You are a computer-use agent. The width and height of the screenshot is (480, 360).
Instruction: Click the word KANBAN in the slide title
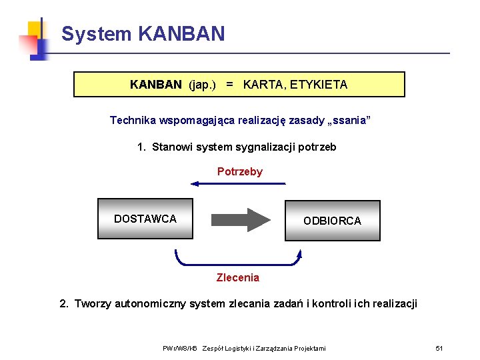[x=182, y=34]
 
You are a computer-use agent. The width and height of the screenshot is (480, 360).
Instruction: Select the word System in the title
[x=97, y=34]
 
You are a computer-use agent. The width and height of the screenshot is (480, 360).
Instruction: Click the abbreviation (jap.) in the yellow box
[x=203, y=85]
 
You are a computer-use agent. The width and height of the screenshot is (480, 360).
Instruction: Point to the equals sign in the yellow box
[x=229, y=85]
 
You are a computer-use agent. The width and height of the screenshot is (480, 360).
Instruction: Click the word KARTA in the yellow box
[x=262, y=85]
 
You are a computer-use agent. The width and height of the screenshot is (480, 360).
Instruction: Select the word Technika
[x=133, y=121]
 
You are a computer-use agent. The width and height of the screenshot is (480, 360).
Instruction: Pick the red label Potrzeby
[x=240, y=172]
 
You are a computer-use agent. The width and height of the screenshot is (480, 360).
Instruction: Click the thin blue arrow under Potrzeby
[x=238, y=183]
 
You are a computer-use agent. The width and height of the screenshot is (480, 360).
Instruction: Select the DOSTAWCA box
[x=145, y=219]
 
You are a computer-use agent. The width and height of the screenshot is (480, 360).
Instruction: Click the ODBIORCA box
[x=332, y=220]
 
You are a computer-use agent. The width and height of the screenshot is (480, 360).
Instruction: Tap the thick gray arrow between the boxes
[x=239, y=219]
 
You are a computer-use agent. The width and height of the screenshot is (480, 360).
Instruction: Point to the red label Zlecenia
[x=238, y=277]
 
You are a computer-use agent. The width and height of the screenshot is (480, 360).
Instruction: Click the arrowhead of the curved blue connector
[x=299, y=253]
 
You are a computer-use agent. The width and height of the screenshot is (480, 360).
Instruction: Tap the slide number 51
[x=439, y=349]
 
